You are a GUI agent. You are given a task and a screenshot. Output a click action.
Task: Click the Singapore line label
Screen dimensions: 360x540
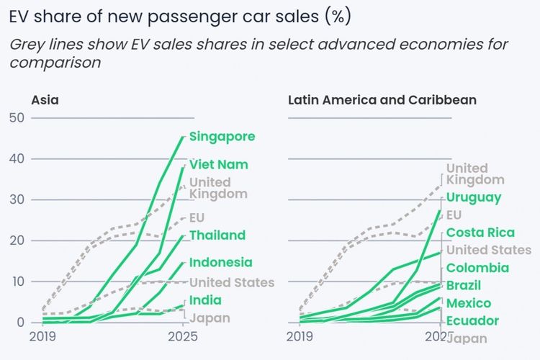coord(222,136)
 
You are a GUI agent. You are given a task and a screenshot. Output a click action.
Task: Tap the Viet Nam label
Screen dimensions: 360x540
coord(219,164)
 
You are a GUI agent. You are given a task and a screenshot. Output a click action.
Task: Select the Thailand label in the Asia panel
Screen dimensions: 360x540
coord(217,235)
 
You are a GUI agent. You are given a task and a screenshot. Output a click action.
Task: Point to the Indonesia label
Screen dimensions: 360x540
coord(221,262)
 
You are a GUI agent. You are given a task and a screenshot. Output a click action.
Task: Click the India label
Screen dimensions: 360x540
coord(205,300)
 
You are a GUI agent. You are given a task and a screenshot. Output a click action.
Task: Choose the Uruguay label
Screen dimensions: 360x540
coord(474,197)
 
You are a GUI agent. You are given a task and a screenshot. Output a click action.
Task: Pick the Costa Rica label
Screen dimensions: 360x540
coord(480,232)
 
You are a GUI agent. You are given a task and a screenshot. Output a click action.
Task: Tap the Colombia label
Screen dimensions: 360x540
coord(477,268)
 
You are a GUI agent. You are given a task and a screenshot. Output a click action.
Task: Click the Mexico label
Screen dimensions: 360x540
coord(469,303)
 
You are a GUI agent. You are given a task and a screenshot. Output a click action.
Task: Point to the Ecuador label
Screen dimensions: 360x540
coord(472,320)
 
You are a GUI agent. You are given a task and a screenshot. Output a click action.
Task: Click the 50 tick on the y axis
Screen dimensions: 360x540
coord(16,117)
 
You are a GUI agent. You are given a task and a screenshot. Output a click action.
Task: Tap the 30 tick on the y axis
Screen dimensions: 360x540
coord(16,199)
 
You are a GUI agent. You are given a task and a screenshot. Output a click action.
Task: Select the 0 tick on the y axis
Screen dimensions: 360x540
coord(19,322)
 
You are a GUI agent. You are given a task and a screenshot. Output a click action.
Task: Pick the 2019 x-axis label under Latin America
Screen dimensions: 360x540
coord(300,336)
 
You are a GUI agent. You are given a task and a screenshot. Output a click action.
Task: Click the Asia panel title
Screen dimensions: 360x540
coord(45,100)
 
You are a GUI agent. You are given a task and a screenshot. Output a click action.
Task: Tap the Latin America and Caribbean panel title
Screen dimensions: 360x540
coord(382,100)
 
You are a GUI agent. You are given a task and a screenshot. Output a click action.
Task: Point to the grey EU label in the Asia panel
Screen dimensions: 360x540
coord(198,217)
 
